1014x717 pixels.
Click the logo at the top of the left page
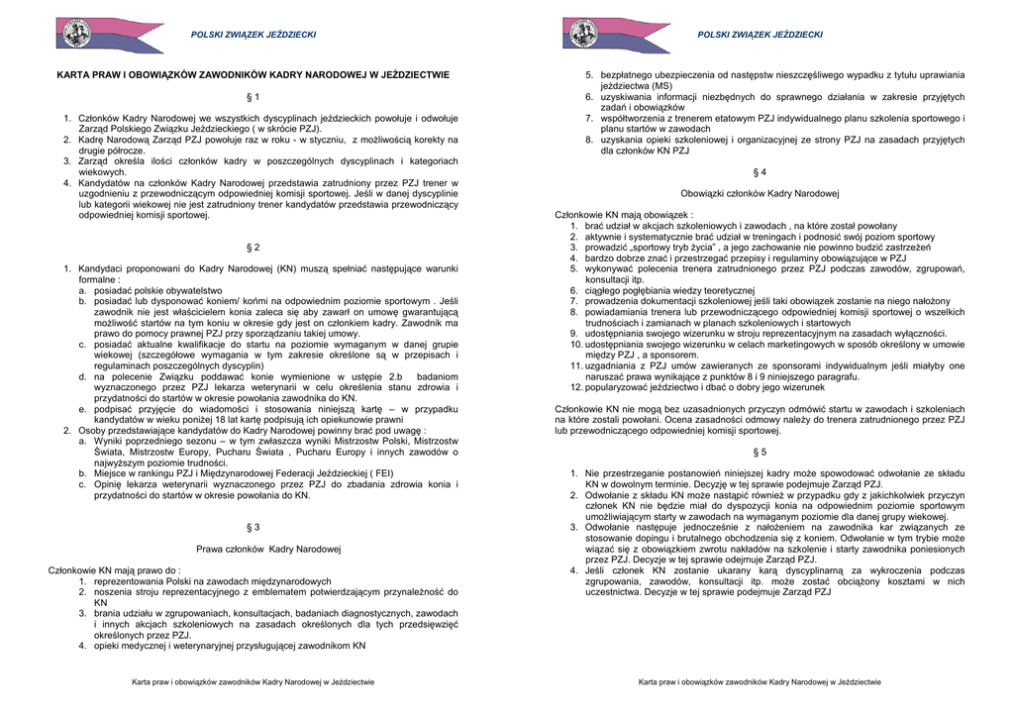tap(96, 35)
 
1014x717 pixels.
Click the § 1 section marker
tap(253, 97)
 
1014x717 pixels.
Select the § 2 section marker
tap(253, 247)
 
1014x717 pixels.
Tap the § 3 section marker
tap(253, 527)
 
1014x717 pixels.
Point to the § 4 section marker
tap(760, 172)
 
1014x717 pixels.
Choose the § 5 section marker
tap(760, 452)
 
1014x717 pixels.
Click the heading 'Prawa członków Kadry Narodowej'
tap(268, 549)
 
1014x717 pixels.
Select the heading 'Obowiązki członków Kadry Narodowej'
tap(760, 193)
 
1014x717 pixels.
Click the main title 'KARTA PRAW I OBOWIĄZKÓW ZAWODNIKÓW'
tap(253, 74)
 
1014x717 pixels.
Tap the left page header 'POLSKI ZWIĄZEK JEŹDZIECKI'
tap(253, 36)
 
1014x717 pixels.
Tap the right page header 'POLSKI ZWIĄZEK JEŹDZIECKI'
tap(760, 36)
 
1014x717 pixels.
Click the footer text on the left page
tap(253, 681)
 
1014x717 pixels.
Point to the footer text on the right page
tap(760, 681)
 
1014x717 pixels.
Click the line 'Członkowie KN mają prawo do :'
tap(115, 570)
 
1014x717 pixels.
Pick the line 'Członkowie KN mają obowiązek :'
tap(624, 215)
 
